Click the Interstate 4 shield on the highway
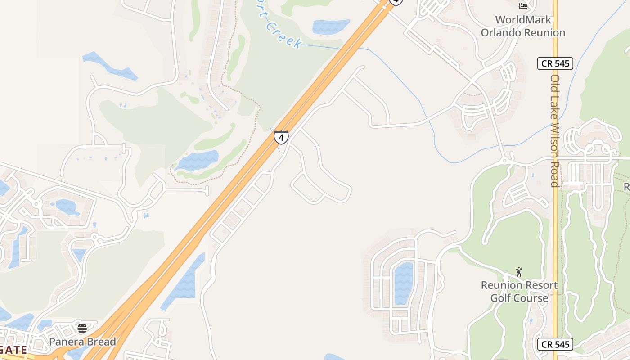coord(281,137)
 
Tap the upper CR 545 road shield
coord(555,63)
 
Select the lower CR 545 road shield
coord(555,345)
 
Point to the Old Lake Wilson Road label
coord(555,130)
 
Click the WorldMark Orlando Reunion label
coord(523,26)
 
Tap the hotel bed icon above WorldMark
coord(523,6)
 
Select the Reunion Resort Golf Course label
coord(519,292)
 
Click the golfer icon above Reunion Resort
coord(519,272)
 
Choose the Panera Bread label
coord(82,342)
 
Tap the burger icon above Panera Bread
coord(82,328)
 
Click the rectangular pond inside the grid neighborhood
coord(404,283)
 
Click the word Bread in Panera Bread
coord(101,342)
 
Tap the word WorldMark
coord(523,20)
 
